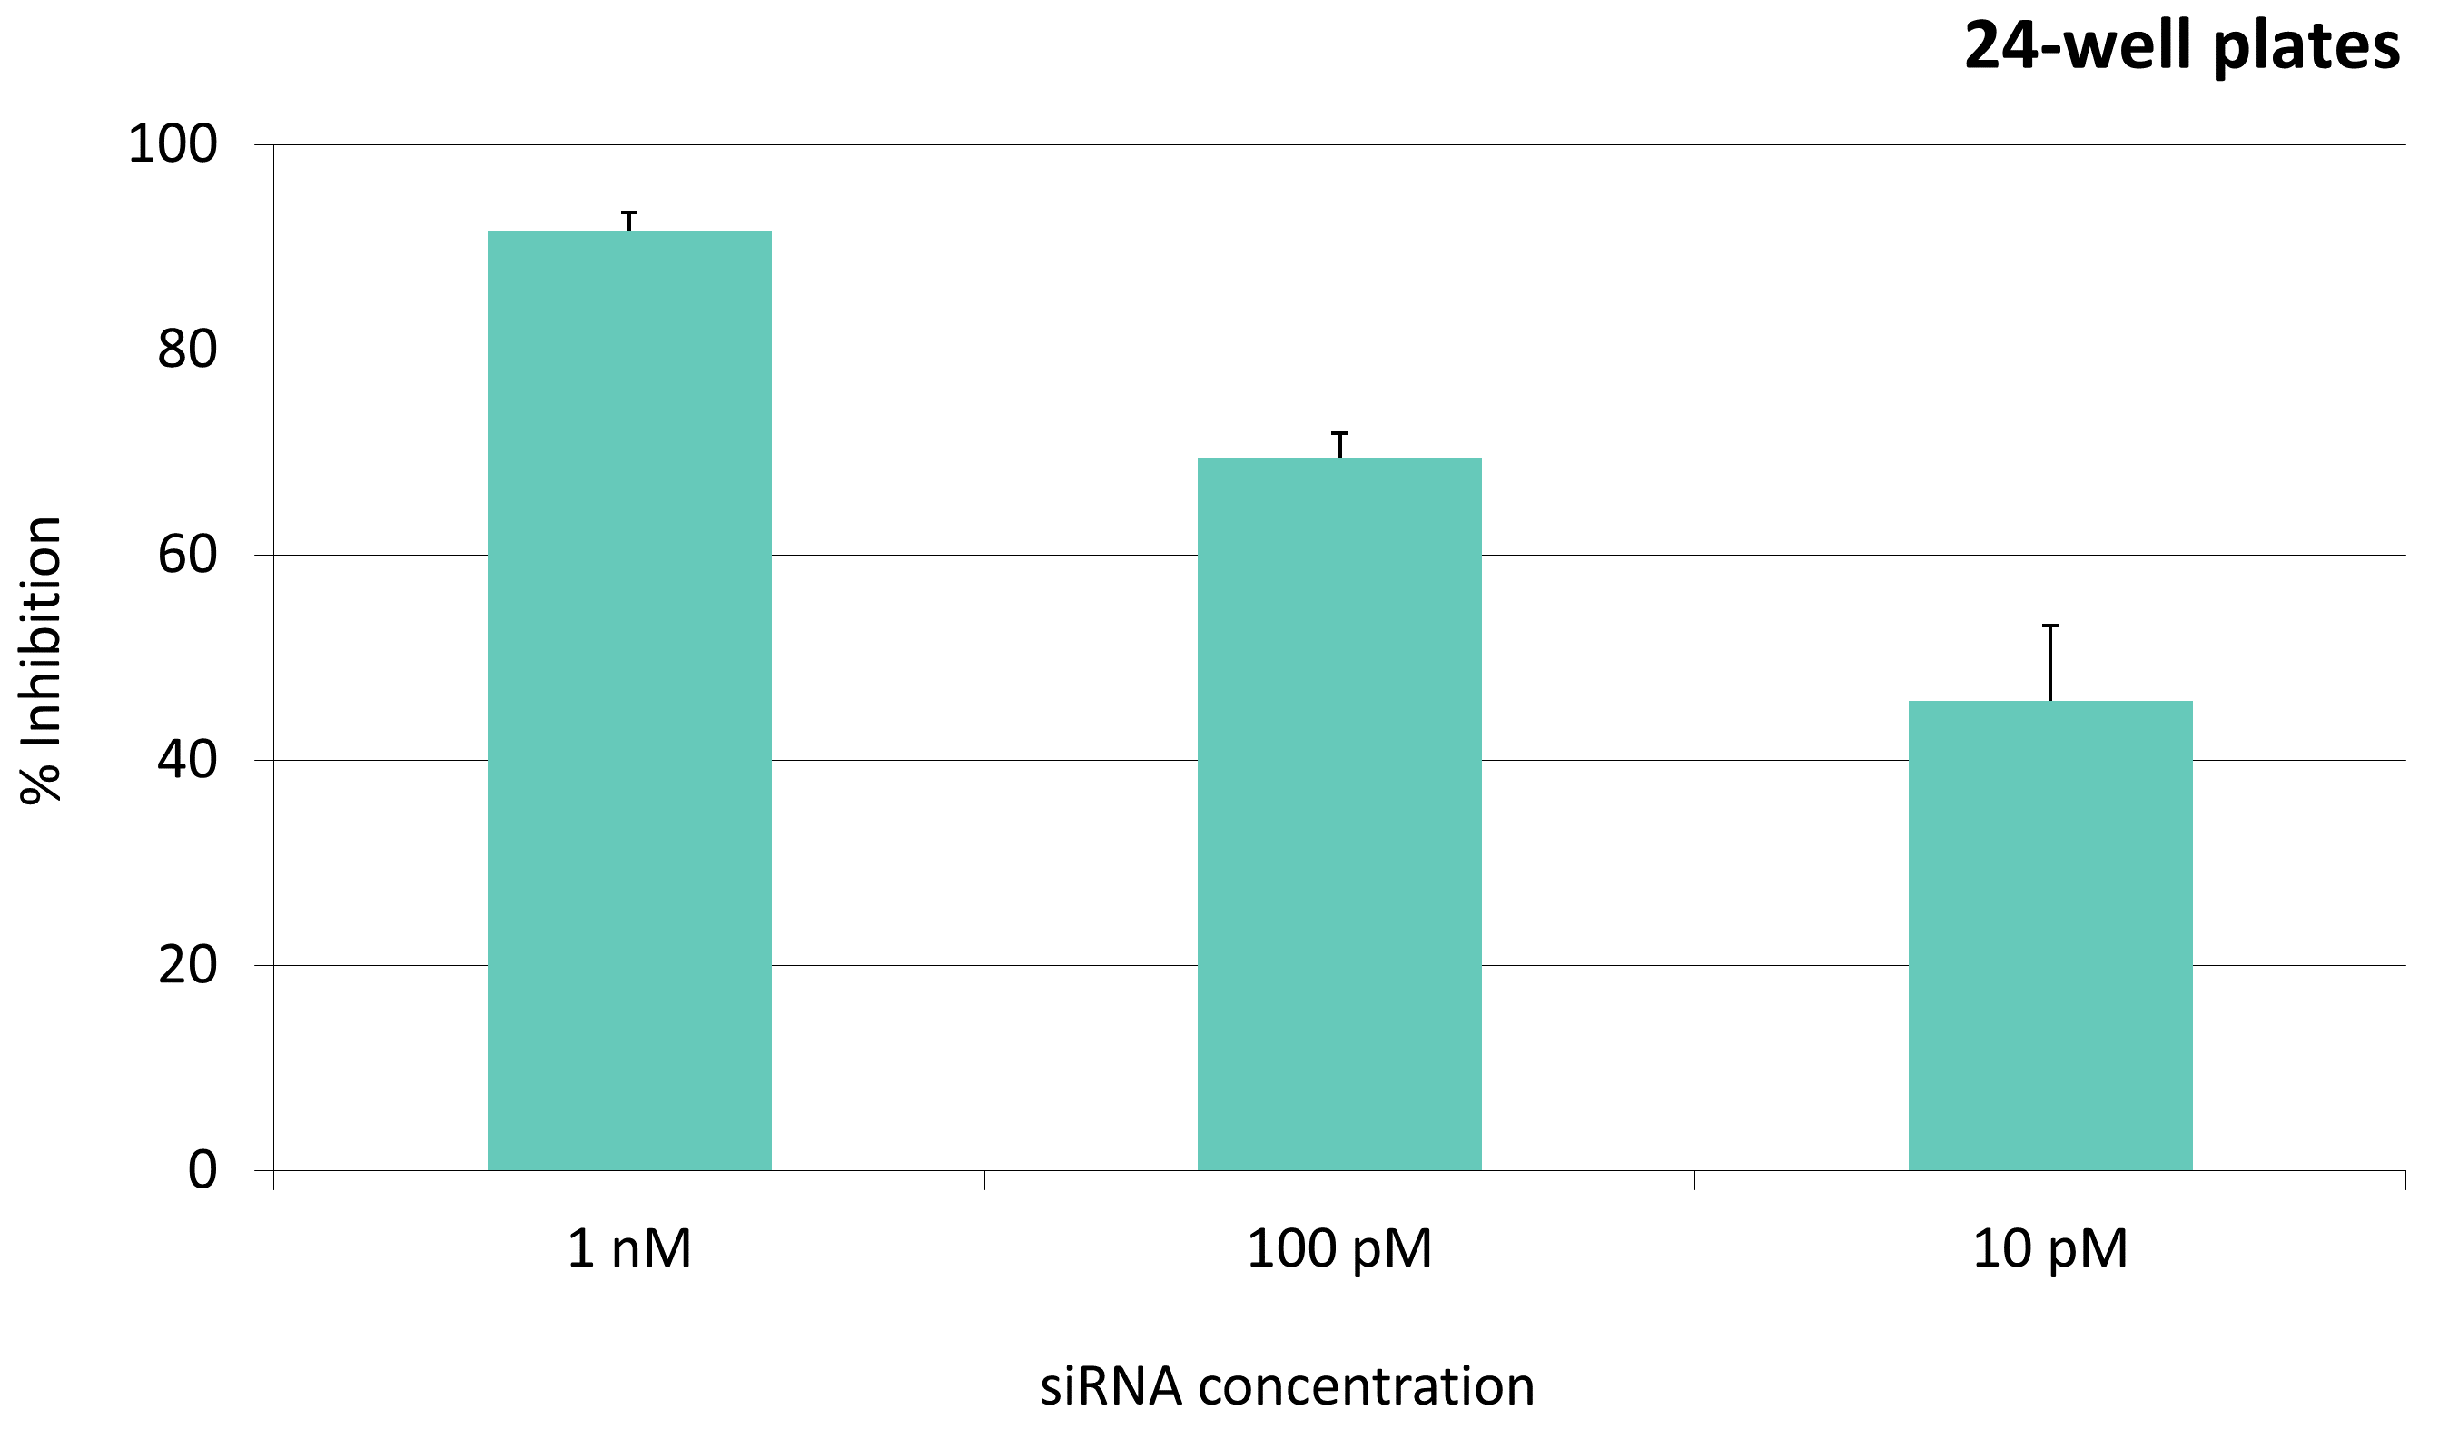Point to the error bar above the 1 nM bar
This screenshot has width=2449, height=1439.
tap(630, 221)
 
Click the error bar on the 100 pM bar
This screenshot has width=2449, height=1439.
tap(1340, 444)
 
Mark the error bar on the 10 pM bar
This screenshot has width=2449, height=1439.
tap(2050, 663)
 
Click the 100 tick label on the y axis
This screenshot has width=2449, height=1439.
tap(173, 144)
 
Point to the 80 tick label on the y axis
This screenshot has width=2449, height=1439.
tap(188, 350)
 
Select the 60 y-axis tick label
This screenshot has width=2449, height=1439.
tap(188, 556)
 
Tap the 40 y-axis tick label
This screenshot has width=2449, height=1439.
tap(188, 760)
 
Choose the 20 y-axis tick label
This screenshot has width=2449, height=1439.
tap(188, 966)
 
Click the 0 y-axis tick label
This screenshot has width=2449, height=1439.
tap(202, 1171)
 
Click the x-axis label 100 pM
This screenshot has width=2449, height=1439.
tap(1339, 1249)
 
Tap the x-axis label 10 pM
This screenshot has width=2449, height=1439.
tap(2050, 1249)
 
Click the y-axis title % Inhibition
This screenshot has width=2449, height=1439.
tap(41, 661)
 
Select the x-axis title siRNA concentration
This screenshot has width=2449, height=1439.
tap(1287, 1386)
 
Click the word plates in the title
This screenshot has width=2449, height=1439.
tap(2306, 46)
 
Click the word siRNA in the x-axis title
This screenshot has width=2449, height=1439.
tap(1111, 1386)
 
